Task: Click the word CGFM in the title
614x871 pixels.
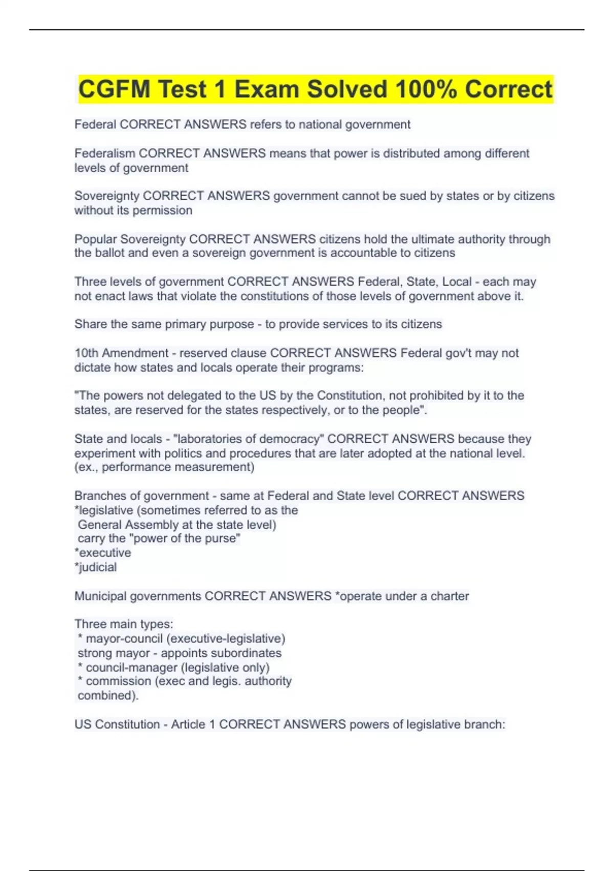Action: (114, 89)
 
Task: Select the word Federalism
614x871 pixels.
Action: (105, 153)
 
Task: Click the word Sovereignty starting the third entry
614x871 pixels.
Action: (106, 196)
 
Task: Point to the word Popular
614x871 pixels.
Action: (95, 239)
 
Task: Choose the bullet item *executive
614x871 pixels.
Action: (103, 553)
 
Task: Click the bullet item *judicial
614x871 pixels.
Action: (96, 567)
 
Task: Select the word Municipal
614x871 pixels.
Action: (100, 596)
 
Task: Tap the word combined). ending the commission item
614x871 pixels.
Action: (108, 696)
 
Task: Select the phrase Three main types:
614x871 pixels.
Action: (124, 624)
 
